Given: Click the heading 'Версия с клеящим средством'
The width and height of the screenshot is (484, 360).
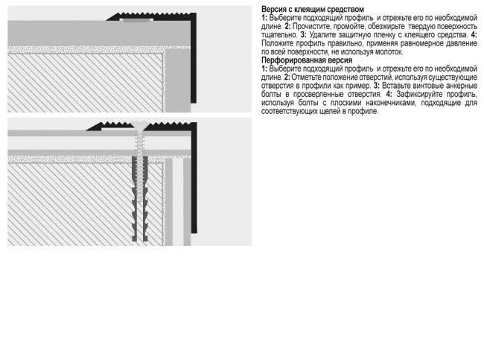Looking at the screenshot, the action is pos(313,9).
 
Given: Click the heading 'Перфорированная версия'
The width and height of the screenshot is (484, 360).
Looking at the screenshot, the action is pos(307,60).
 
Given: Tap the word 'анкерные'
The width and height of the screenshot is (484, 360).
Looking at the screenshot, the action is pos(462,85).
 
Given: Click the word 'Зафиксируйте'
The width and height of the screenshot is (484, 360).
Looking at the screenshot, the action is pos(419,94).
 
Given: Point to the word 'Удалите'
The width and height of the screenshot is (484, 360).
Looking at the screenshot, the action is pos(322,34).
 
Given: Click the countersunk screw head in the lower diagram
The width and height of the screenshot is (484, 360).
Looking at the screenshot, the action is pos(140,125).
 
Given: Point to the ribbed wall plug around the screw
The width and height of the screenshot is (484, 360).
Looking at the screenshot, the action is pos(140,198).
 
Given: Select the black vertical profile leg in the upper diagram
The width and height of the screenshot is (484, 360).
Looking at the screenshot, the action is pos(194,59).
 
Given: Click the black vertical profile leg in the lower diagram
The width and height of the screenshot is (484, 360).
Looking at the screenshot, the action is pos(194,178).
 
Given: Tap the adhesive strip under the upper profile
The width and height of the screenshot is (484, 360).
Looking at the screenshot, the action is pos(136,20).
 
